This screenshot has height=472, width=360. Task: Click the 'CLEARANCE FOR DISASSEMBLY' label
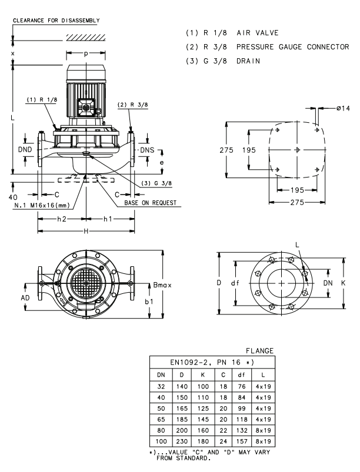click(x=56, y=20)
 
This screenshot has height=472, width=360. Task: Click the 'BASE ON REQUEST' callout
click(x=149, y=203)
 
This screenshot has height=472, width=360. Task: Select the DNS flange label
click(x=148, y=150)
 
